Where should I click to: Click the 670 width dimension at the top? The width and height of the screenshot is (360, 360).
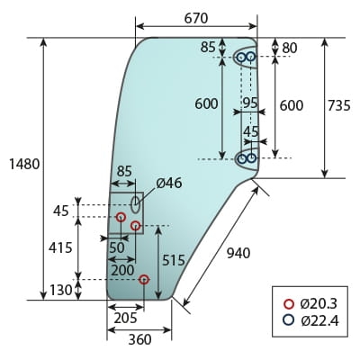[x=196, y=19]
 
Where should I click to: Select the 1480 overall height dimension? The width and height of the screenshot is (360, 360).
[x=24, y=165]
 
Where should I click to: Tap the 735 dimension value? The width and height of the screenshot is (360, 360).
[x=339, y=105]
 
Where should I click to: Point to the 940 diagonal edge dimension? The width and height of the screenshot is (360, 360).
[x=238, y=254]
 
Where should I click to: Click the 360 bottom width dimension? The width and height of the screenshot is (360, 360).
[x=140, y=339]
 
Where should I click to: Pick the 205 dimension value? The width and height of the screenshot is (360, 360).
[x=125, y=318]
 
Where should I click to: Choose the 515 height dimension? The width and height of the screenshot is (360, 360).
[x=174, y=260]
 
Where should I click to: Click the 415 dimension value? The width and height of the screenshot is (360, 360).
[x=60, y=247]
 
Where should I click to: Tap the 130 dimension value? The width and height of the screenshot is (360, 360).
[x=60, y=290]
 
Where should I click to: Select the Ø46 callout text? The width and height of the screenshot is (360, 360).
[x=169, y=183]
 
